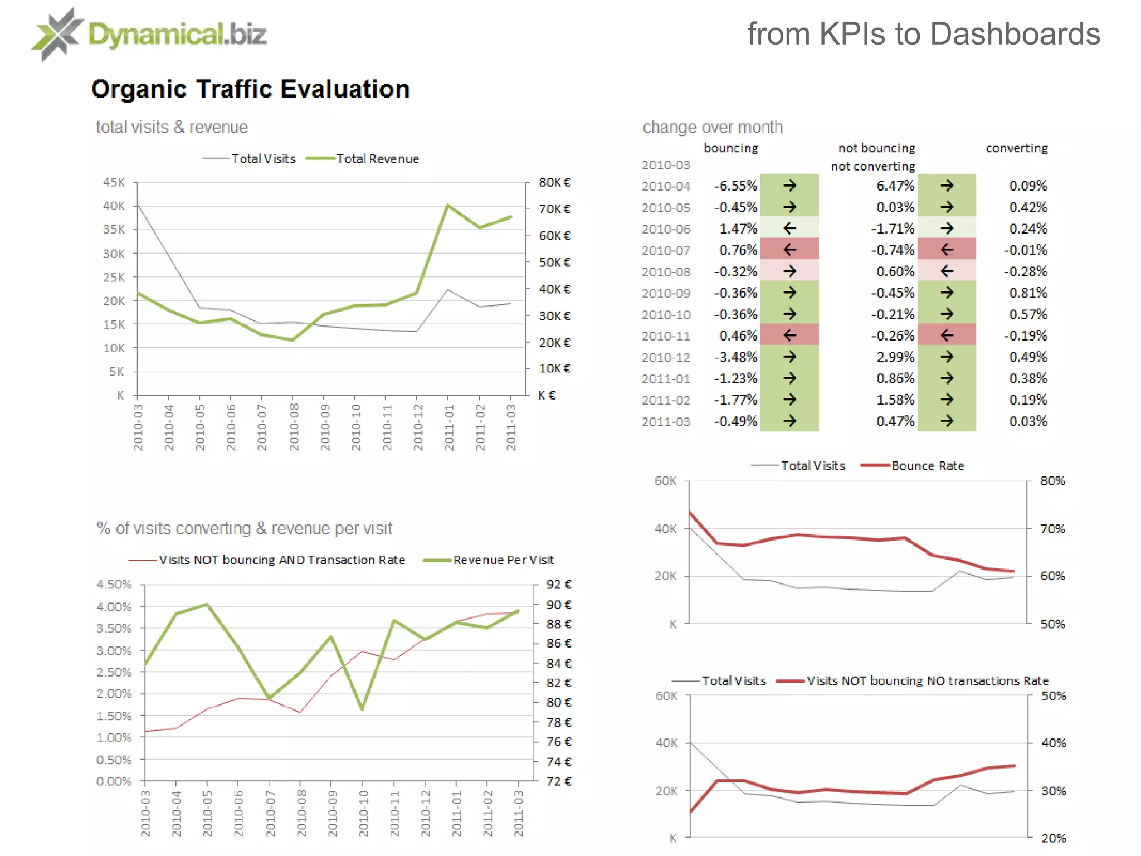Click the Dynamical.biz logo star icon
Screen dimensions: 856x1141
pyautogui.click(x=57, y=35)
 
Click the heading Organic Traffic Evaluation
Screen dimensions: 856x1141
pyautogui.click(x=250, y=89)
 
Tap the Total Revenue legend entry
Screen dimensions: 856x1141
pyautogui.click(x=377, y=159)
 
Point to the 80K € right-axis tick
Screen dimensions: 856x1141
pyautogui.click(x=554, y=183)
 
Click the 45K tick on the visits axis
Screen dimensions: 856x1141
pyautogui.click(x=114, y=183)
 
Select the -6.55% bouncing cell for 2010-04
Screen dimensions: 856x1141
pyautogui.click(x=735, y=186)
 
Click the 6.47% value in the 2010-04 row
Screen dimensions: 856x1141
pyautogui.click(x=895, y=186)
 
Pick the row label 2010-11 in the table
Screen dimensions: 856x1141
pyautogui.click(x=666, y=336)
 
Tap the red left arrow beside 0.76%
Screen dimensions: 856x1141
pyautogui.click(x=789, y=250)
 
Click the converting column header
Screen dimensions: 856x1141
pyautogui.click(x=1016, y=148)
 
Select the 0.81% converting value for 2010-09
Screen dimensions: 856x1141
pyautogui.click(x=1027, y=293)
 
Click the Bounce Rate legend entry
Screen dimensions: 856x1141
pyautogui.click(x=927, y=466)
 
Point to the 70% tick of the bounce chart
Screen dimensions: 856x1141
pyautogui.click(x=1052, y=528)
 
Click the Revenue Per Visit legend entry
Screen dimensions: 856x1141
pyautogui.click(x=503, y=560)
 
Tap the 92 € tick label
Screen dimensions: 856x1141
pyautogui.click(x=559, y=585)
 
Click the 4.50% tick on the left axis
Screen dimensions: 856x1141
pyautogui.click(x=114, y=585)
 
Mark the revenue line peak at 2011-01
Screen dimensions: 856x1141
pyautogui.click(x=448, y=206)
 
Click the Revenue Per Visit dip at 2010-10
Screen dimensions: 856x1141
pyautogui.click(x=363, y=709)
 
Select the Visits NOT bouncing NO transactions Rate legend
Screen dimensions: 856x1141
pyautogui.click(x=927, y=681)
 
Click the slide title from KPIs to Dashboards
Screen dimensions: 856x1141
pyautogui.click(x=923, y=35)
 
